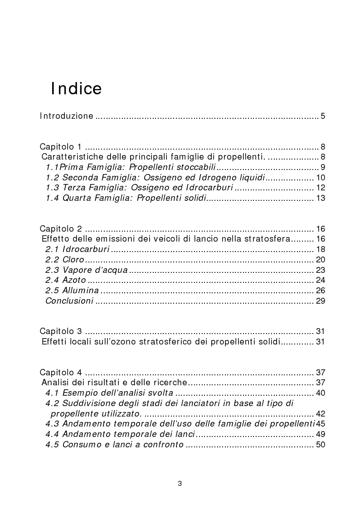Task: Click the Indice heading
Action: point(76,88)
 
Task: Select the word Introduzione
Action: point(66,116)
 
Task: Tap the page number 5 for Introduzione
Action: point(323,116)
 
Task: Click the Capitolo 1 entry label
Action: point(60,147)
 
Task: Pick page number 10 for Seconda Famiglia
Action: point(321,178)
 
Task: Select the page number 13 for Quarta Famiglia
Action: point(321,198)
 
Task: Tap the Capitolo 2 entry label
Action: point(60,228)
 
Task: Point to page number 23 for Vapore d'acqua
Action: point(321,270)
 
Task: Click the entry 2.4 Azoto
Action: point(66,280)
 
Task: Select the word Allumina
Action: point(83,291)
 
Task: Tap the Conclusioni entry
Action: point(69,301)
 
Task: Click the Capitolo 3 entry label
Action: point(60,331)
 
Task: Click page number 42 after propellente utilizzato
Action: point(321,414)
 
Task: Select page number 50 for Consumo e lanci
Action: point(321,445)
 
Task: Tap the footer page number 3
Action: point(180,484)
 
